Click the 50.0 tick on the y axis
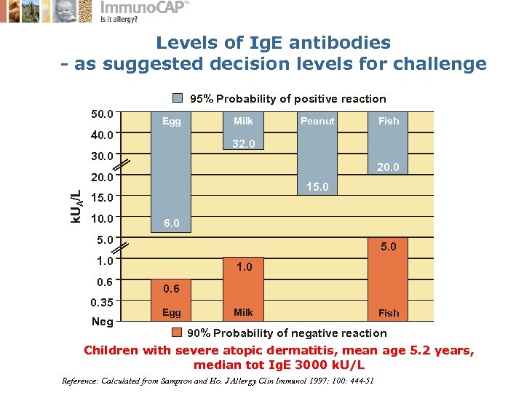102,114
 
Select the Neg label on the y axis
102,322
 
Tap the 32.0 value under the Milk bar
243,144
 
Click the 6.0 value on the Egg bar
172,223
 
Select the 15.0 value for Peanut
317,188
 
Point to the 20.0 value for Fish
388,167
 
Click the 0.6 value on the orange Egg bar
172,288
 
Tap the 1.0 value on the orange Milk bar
243,267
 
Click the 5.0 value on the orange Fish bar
388,247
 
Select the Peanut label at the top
317,121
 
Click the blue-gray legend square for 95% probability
178,98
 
